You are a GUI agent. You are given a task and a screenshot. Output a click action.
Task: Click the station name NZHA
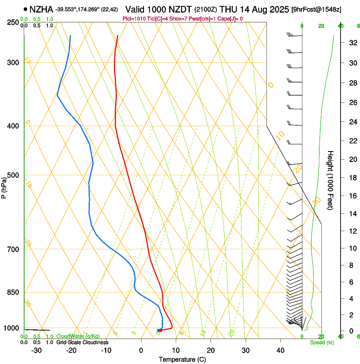(x=41, y=9)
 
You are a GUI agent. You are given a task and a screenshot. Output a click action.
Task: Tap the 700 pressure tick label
(x=13, y=249)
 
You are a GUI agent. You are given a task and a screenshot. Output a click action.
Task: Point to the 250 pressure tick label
(x=13, y=22)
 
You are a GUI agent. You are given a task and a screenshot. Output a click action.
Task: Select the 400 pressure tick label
(x=13, y=126)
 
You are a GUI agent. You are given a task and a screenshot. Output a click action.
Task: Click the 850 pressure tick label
(x=13, y=292)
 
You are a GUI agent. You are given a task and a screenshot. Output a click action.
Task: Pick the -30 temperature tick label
(x=36, y=350)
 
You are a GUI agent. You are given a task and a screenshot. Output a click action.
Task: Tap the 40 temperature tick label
(x=280, y=350)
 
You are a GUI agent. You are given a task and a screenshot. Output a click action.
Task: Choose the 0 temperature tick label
(x=141, y=350)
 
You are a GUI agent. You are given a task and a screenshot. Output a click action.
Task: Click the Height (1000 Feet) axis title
(x=331, y=180)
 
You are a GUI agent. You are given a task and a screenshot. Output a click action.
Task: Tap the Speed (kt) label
(x=321, y=342)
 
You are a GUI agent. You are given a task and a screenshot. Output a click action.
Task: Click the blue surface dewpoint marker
(x=158, y=330)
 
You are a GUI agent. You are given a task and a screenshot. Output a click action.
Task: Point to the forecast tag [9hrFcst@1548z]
(x=316, y=9)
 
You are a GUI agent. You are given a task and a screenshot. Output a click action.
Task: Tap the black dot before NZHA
(x=26, y=9)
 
